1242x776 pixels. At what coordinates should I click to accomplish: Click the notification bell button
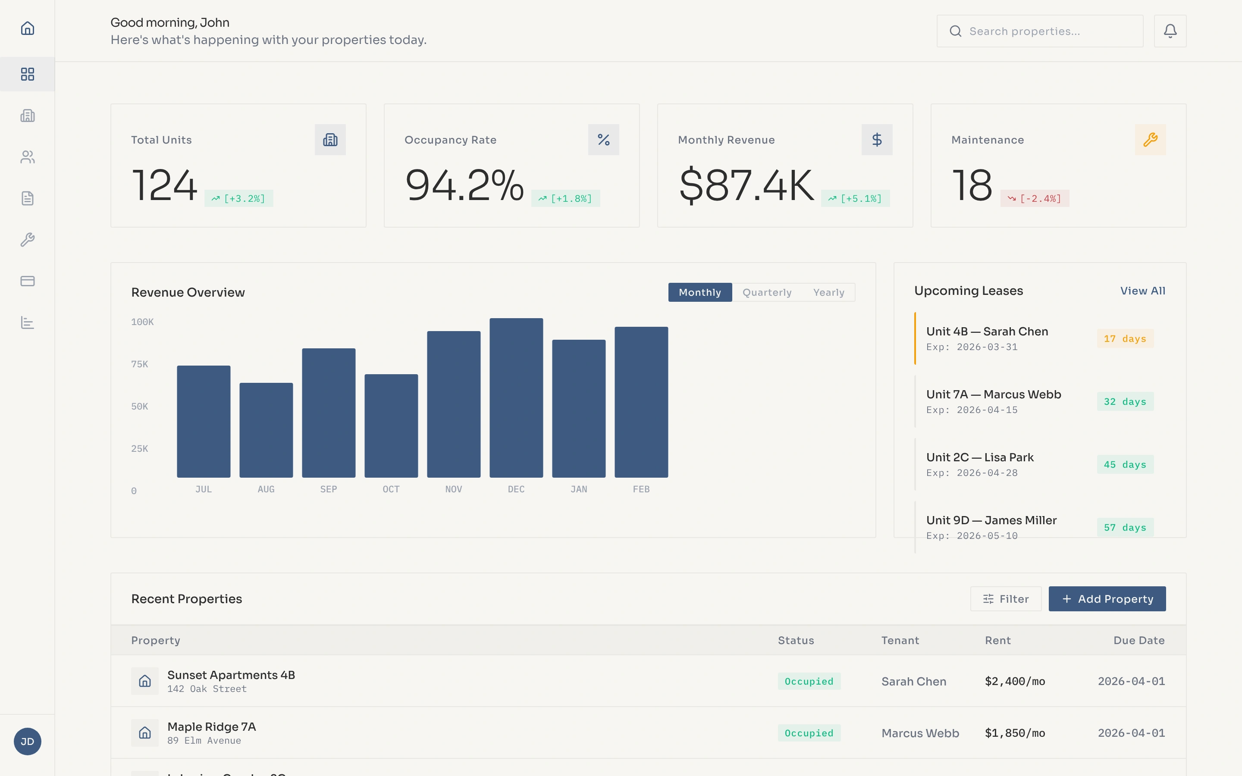click(x=1170, y=31)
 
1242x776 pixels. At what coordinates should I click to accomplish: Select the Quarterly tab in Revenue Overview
click(x=767, y=293)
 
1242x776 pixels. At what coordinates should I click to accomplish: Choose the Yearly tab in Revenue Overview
click(x=828, y=293)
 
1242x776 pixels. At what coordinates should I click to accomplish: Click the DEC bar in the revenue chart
click(x=516, y=398)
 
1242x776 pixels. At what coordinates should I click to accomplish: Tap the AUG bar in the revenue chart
click(x=266, y=430)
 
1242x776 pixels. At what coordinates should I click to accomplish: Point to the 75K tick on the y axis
click(x=140, y=364)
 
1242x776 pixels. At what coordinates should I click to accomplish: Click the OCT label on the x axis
click(x=391, y=489)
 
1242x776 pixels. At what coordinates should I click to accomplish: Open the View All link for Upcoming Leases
click(x=1142, y=291)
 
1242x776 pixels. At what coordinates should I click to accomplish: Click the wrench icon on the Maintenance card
click(x=1150, y=140)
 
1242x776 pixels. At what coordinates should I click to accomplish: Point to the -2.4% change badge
click(x=1034, y=199)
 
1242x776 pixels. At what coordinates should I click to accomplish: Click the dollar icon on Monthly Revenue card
click(x=877, y=140)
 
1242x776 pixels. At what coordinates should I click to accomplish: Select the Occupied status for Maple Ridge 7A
click(x=809, y=733)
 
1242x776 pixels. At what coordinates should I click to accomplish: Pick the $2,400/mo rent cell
click(x=1015, y=682)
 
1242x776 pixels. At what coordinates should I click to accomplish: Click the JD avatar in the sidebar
click(x=28, y=742)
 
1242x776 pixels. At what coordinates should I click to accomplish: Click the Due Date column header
click(x=1138, y=641)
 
